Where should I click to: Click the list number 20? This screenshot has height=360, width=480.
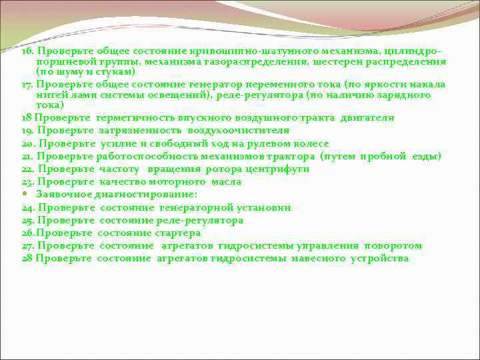[28, 143]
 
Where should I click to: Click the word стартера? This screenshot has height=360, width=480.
[175, 233]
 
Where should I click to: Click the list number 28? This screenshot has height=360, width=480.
[27, 259]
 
